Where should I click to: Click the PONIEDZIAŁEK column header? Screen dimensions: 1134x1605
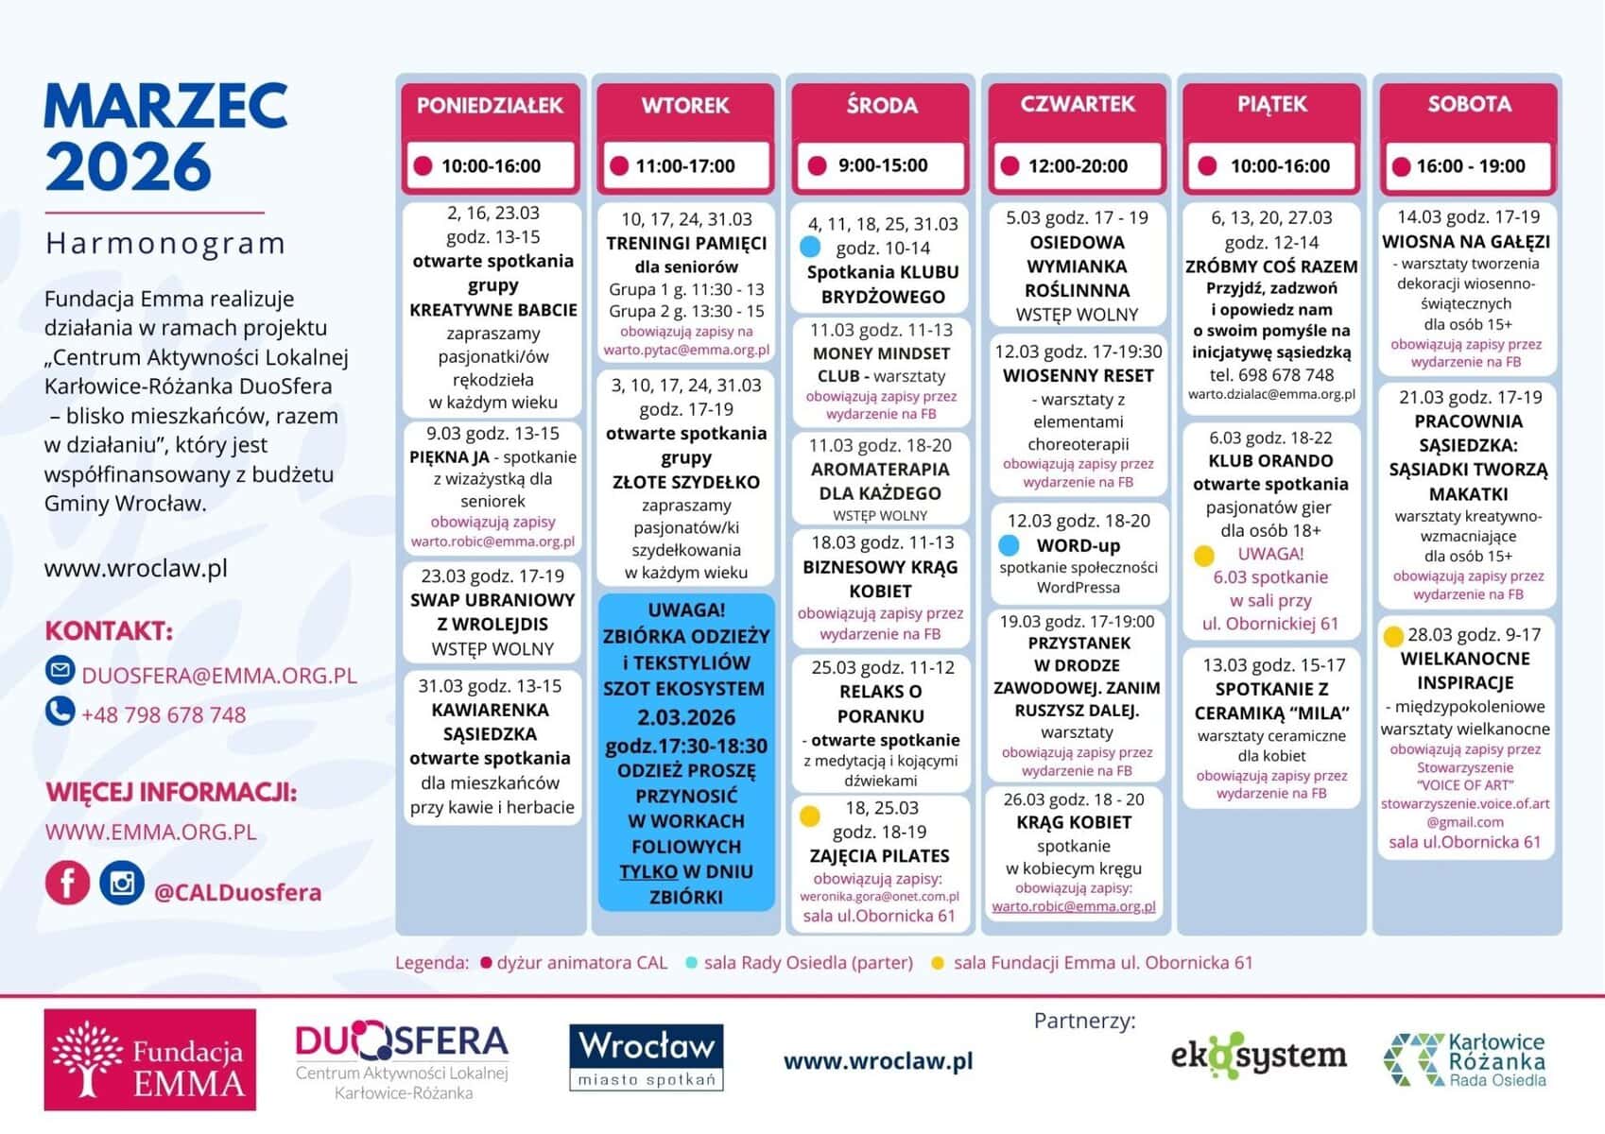point(490,106)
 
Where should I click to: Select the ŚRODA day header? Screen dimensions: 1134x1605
point(881,106)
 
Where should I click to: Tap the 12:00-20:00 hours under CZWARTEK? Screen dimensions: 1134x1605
point(1078,166)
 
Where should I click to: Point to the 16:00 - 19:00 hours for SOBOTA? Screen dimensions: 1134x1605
point(1470,166)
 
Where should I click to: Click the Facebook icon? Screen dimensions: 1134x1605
point(67,884)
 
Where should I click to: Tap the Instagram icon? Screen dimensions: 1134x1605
point(122,884)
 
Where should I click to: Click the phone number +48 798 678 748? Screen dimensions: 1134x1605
point(164,715)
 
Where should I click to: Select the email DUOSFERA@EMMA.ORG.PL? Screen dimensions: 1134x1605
point(219,676)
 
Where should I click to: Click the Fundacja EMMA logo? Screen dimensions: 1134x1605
point(149,1059)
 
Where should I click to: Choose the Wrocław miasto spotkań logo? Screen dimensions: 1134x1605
point(647,1057)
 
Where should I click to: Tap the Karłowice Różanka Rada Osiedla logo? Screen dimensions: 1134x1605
point(1464,1059)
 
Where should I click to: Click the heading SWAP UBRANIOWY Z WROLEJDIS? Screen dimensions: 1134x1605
point(492,612)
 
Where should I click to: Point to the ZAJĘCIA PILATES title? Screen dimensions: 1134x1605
point(879,856)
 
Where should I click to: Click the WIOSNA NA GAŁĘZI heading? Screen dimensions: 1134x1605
point(1466,242)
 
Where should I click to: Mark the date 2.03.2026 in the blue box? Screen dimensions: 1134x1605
point(686,717)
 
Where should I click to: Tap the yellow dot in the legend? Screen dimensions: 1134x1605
point(937,963)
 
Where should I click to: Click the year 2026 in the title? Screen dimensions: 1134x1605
point(128,167)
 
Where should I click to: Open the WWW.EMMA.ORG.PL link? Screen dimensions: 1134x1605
point(151,833)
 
